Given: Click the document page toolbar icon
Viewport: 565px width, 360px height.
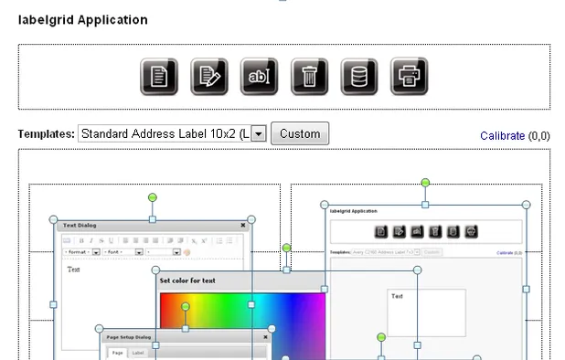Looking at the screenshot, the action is tap(158, 77).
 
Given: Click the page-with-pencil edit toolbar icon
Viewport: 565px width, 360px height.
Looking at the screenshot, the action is tap(208, 77).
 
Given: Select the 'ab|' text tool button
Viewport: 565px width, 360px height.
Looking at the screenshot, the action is tap(259, 77).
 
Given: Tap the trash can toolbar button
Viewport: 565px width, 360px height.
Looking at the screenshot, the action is tap(309, 77).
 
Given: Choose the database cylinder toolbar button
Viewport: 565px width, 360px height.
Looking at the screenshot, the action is tap(359, 77).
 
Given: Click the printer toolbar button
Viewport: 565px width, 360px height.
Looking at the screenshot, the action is tap(410, 77).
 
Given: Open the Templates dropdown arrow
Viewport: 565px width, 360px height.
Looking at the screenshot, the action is tap(259, 134).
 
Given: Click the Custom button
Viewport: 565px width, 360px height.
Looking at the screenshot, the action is tap(300, 134).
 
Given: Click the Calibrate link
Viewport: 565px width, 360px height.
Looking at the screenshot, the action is tap(502, 136).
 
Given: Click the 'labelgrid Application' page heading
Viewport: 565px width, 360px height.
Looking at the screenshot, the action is tap(82, 20).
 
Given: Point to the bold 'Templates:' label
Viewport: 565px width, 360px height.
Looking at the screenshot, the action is tap(46, 134).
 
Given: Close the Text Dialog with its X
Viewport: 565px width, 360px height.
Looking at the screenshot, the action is tap(243, 225).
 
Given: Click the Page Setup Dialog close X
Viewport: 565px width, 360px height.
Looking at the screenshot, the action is tap(266, 337).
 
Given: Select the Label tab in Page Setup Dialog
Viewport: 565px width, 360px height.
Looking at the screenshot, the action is tap(138, 353).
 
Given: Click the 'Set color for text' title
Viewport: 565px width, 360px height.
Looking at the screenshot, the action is tap(187, 281).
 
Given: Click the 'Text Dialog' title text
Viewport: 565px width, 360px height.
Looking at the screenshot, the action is tap(80, 225).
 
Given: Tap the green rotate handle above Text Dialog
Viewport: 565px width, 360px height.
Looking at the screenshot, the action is tap(153, 197).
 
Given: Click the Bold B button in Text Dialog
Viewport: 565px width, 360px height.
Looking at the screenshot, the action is tap(81, 239).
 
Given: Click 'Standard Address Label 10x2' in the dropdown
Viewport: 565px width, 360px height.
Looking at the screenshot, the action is tap(163, 134).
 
